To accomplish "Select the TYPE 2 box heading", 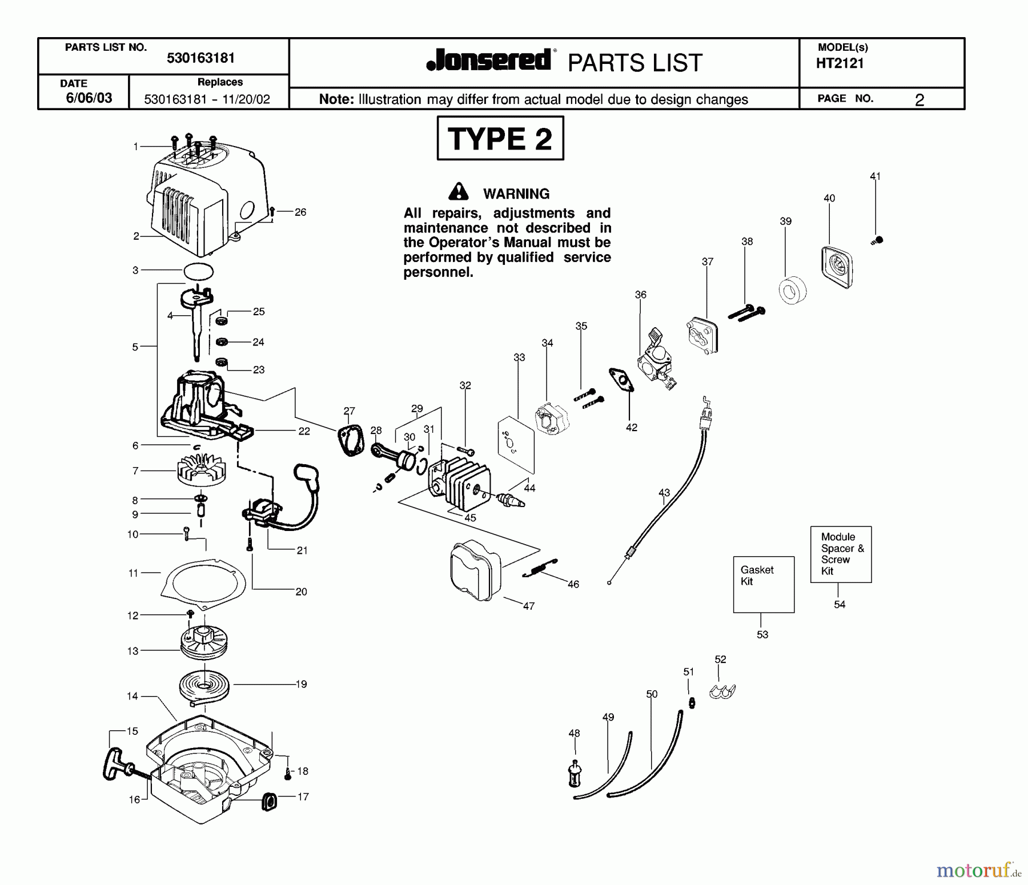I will click(x=500, y=139).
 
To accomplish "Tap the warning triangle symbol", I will click(x=458, y=192).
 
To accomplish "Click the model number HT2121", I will click(x=840, y=64).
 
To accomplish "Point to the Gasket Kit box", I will click(x=764, y=584).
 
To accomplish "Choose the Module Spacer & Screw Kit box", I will click(x=841, y=554).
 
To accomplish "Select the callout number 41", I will click(x=875, y=176).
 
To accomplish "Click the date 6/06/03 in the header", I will click(x=89, y=98).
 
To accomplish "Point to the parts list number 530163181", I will click(x=200, y=58).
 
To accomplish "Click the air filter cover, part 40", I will click(x=837, y=267).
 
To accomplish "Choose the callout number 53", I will click(x=762, y=634).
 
